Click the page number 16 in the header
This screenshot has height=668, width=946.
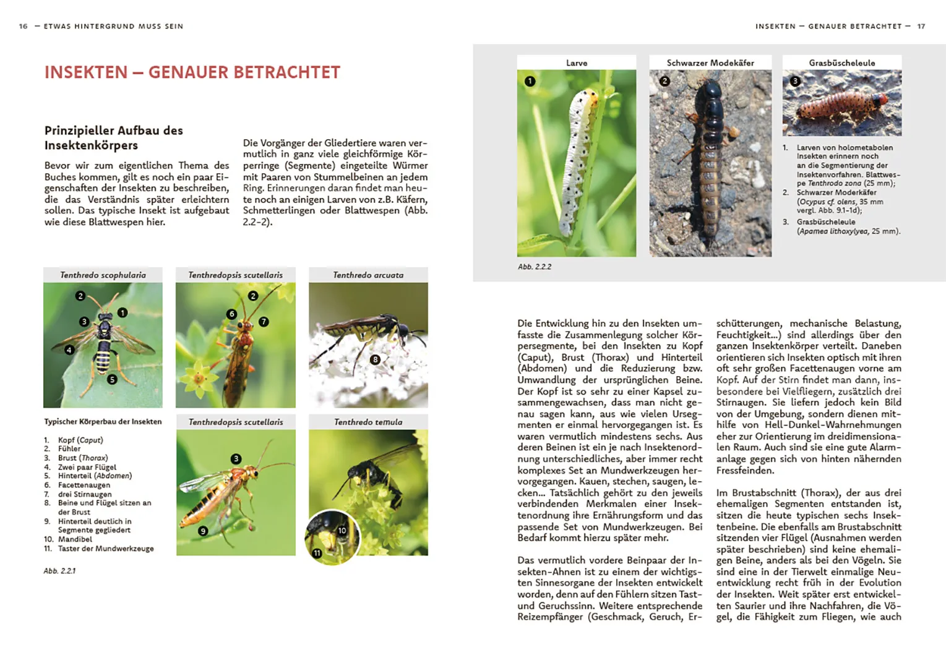(24, 27)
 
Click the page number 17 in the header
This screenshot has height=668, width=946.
(921, 27)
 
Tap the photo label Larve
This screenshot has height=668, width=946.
(577, 63)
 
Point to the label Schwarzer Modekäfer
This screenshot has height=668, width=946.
(710, 63)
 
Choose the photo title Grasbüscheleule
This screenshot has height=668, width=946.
(841, 63)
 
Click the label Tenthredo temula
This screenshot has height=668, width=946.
(368, 422)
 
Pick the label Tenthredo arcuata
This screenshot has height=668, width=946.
(368, 275)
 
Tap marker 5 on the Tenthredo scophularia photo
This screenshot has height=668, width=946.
(112, 379)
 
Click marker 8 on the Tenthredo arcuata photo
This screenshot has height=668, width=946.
(375, 359)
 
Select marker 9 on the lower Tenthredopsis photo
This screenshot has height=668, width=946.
(203, 531)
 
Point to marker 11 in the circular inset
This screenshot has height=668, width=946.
(317, 553)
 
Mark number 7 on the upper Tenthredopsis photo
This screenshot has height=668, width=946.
(264, 322)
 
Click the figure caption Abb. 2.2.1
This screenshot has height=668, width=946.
(59, 571)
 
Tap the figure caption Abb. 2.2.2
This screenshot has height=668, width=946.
(535, 267)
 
